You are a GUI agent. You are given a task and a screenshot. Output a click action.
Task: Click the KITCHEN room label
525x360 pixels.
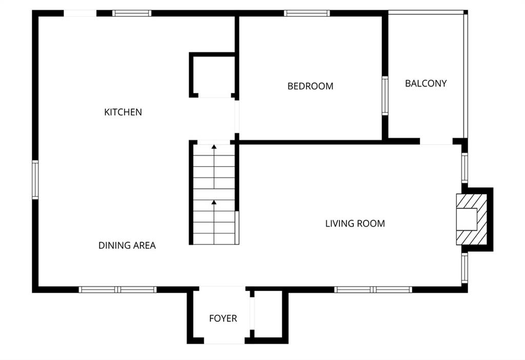(x=123, y=112)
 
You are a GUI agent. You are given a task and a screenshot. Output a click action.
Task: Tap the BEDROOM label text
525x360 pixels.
(x=310, y=86)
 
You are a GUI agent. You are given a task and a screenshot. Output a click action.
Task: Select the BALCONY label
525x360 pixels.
(x=426, y=84)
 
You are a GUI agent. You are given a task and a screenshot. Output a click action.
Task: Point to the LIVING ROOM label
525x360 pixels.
(x=355, y=224)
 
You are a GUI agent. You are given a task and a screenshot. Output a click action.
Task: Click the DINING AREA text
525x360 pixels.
(x=127, y=246)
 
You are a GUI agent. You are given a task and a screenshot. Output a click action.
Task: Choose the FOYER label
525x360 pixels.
(x=223, y=318)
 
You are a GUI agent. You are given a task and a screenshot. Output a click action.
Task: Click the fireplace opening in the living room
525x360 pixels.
(x=467, y=219)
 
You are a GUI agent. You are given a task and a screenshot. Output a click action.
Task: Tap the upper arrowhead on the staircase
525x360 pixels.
(x=214, y=146)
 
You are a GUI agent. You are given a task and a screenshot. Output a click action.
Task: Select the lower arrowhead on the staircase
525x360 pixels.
(x=214, y=202)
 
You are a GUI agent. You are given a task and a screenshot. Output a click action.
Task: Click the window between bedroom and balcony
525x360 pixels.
(x=385, y=96)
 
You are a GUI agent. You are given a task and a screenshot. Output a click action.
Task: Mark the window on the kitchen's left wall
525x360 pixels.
(x=35, y=180)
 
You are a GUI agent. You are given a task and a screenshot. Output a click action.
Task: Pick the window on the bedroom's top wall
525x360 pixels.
(x=307, y=13)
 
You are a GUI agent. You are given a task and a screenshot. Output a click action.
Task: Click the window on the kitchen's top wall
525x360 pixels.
(x=132, y=13)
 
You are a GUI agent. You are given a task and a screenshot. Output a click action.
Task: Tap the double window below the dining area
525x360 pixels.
(x=118, y=290)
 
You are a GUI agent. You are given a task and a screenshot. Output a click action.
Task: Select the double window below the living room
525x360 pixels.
(x=373, y=290)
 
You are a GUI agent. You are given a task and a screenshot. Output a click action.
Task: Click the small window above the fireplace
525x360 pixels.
(x=465, y=168)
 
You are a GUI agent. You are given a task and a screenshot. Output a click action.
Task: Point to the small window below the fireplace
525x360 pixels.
(x=465, y=268)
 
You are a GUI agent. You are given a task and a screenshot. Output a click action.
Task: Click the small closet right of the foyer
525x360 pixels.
(x=268, y=314)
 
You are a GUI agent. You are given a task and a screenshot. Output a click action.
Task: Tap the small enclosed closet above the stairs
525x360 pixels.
(x=213, y=75)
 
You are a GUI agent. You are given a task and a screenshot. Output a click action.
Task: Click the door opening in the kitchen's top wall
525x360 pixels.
(x=80, y=13)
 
